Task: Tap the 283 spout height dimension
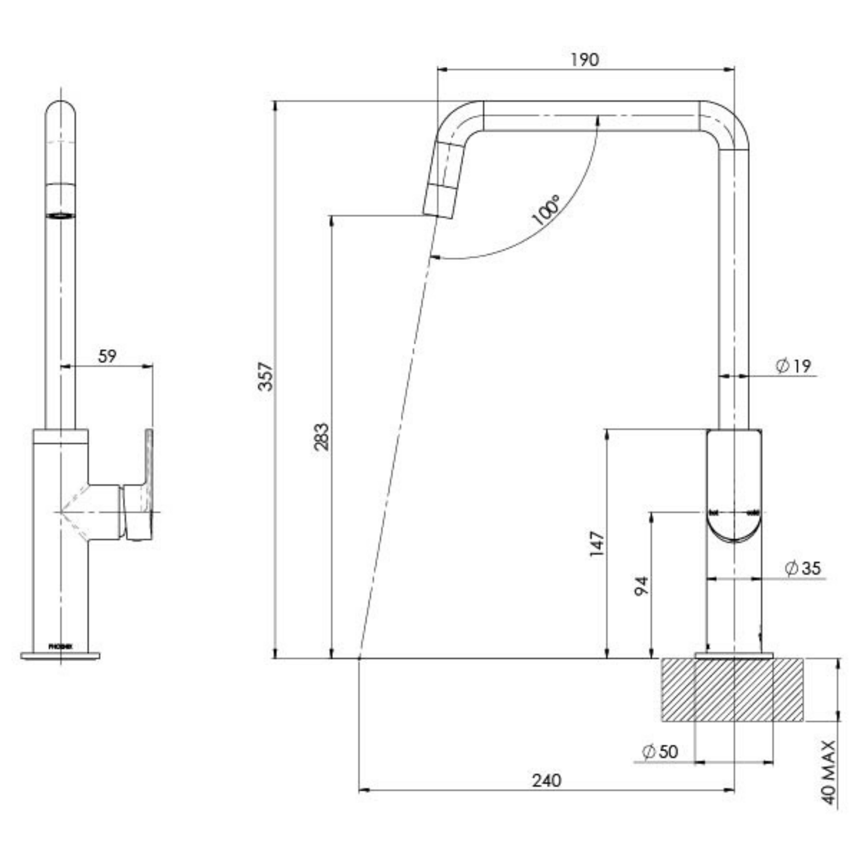(x=321, y=437)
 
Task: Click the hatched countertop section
(x=732, y=690)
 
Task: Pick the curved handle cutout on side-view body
(x=734, y=528)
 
